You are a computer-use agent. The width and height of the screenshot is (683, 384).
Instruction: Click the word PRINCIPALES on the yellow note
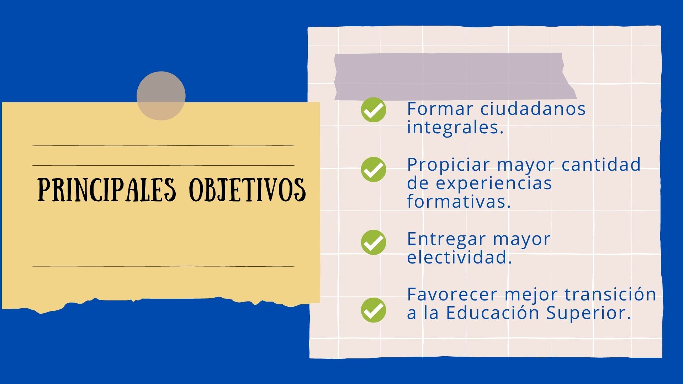pos(107,190)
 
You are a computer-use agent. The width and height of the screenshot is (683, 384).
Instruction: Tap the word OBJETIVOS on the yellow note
pos(247,190)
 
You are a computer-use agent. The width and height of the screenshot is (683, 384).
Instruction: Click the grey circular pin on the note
pos(161,96)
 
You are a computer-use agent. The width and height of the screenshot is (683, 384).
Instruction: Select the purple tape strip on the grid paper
pos(455,76)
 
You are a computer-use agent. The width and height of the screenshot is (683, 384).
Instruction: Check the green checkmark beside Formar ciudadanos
pos(374,110)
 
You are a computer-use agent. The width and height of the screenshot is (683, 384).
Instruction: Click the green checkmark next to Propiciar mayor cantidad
pos(374,169)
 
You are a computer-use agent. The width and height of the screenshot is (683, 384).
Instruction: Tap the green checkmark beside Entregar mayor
pos(374,242)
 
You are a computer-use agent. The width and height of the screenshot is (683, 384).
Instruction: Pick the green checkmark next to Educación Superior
pos(374,310)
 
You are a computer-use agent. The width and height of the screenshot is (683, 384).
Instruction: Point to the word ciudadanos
pos(533,109)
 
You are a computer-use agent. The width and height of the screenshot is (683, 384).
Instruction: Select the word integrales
pos(455,127)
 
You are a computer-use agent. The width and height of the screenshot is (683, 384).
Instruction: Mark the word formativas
pos(459,201)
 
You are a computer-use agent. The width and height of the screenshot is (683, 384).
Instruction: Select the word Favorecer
pos(452,294)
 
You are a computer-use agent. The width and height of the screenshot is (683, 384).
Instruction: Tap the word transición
pos(610,294)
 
